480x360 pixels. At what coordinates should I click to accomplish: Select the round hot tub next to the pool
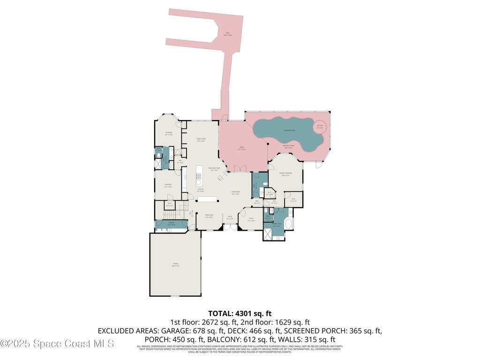click(x=320, y=126)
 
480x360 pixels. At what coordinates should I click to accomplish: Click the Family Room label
click(x=201, y=140)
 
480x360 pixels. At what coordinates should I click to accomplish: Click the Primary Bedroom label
click(x=286, y=174)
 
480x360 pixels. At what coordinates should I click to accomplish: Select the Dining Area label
click(x=210, y=216)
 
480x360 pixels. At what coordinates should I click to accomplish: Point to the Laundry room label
click(x=171, y=224)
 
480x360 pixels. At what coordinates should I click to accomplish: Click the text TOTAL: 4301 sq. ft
click(x=240, y=313)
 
